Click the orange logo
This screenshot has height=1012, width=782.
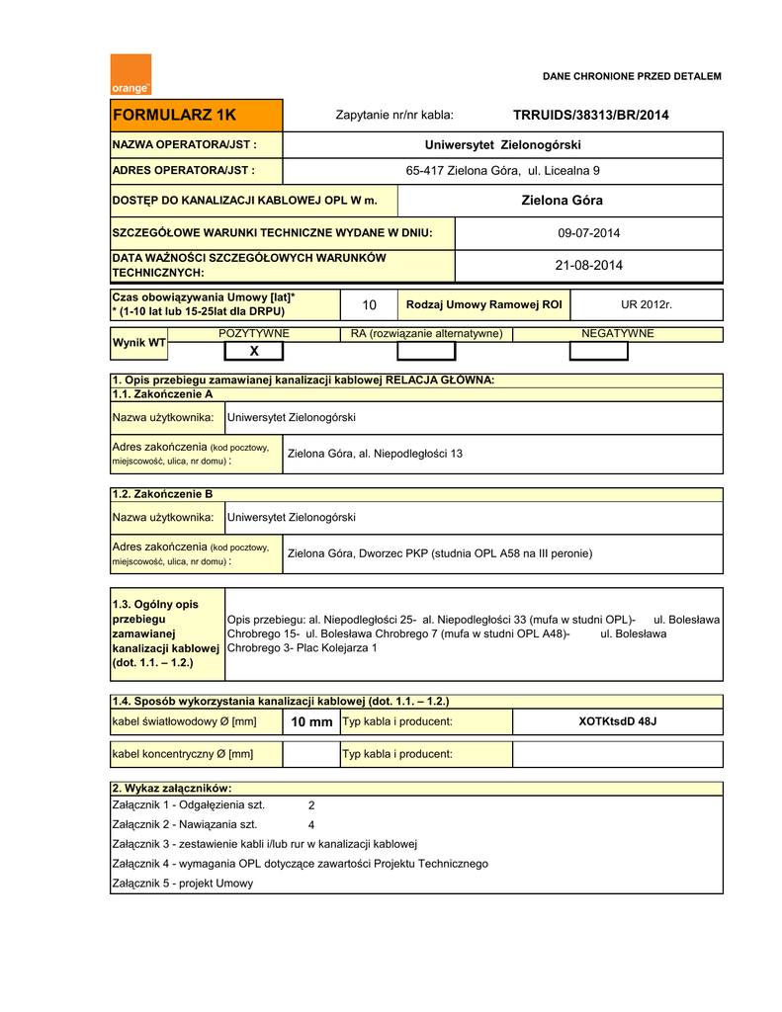pos(130,75)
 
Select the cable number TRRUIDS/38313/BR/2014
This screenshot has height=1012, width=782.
pos(590,116)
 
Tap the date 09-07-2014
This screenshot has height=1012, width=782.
pos(589,233)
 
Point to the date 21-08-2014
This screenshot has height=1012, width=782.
pos(589,265)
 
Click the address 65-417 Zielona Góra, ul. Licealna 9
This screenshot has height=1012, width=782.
pos(503,171)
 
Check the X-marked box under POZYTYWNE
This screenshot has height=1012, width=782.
pos(253,351)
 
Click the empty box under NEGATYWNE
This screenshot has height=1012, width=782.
pos(598,351)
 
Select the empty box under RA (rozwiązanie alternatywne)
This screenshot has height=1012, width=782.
pos(426,351)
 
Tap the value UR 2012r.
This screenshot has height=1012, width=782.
pos(646,304)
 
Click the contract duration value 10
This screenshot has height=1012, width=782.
pos(370,304)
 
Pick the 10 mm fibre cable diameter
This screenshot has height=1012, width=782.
pos(311,722)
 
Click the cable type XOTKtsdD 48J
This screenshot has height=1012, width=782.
pos(617,722)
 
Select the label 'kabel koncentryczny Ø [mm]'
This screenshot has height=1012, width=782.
pos(183,754)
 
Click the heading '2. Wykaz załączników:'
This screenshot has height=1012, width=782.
pos(172,788)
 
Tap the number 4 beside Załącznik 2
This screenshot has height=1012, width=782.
pos(311,824)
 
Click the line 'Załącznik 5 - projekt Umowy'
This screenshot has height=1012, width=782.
pos(183,884)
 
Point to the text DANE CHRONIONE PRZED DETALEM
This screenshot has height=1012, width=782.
pos(632,76)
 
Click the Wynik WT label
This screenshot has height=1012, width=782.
pos(138,343)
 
